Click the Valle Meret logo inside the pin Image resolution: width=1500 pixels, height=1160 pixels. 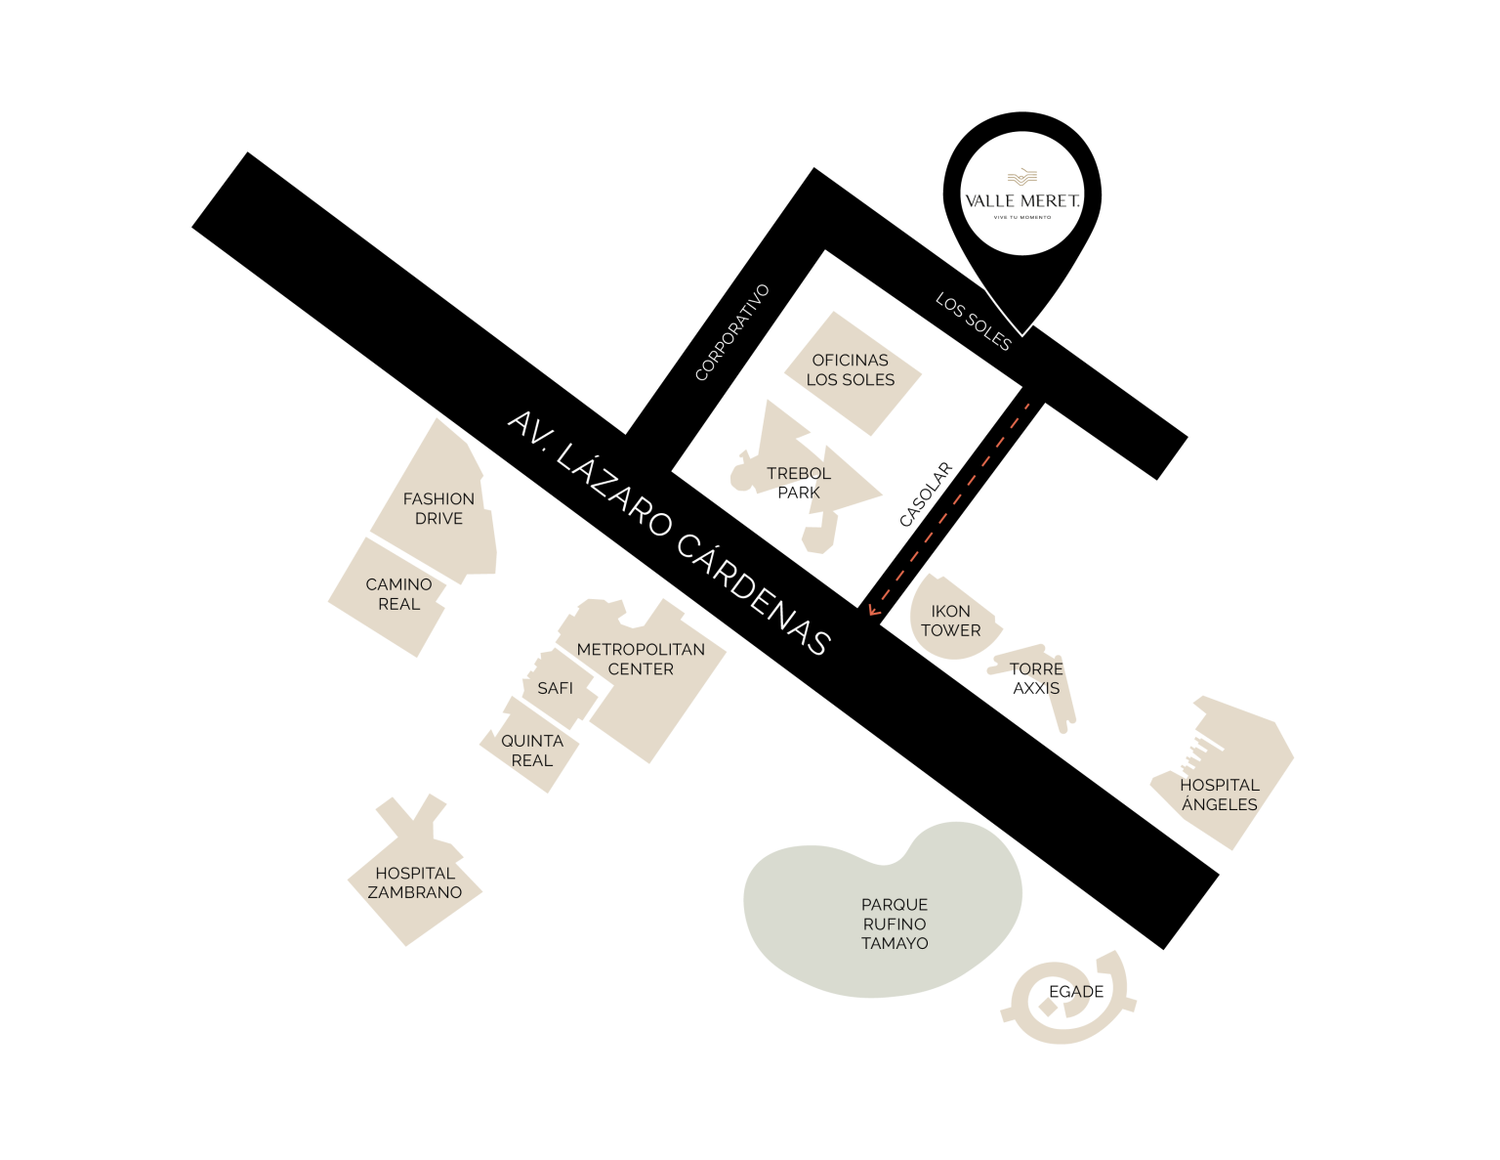tap(1021, 194)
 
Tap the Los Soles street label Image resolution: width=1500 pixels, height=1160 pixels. tap(974, 322)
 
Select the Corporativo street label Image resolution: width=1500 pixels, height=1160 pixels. tap(732, 332)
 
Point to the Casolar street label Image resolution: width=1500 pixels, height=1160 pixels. tap(926, 494)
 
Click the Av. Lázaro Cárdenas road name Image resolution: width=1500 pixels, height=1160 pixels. tap(669, 533)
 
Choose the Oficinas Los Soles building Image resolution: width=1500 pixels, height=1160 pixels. tap(853, 373)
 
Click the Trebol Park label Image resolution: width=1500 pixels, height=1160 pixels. tap(799, 483)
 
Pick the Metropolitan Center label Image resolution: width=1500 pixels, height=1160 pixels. tap(641, 659)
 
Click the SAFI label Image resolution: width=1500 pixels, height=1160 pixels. tap(555, 688)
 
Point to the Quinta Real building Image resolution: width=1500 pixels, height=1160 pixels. tap(530, 748)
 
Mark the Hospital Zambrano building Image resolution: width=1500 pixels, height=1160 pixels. tap(414, 877)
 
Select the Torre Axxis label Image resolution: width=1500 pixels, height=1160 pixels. tap(1036, 678)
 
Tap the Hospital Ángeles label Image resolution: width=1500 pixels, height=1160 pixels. tap(1220, 795)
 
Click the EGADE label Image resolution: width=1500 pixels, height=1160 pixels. tap(1076, 992)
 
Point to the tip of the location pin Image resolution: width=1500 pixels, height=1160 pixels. tap(1022, 335)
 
